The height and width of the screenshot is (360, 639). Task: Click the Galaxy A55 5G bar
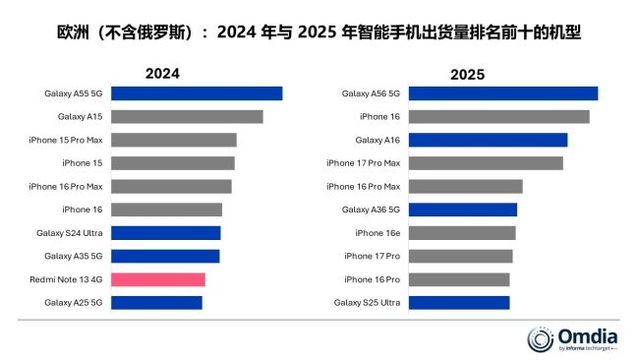click(196, 93)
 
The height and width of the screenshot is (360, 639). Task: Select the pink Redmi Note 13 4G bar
click(157, 279)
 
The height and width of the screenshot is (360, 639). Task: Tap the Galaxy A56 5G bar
click(502, 93)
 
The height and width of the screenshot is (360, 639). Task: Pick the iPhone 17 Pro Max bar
click(485, 163)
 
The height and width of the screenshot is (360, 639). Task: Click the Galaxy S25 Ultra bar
click(458, 302)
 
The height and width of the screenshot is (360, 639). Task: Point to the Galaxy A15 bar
click(186, 117)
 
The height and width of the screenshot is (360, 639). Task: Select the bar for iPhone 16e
click(461, 233)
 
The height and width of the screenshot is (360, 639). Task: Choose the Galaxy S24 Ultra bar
click(165, 233)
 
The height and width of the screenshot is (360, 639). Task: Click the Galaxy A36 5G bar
click(462, 210)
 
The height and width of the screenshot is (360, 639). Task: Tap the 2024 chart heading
click(163, 73)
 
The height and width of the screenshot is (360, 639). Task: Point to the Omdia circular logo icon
click(542, 338)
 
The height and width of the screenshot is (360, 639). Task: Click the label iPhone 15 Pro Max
click(66, 140)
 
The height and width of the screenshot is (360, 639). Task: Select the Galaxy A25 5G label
click(74, 303)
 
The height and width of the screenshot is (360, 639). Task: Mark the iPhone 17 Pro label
click(372, 256)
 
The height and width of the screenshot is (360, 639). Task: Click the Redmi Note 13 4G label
click(67, 279)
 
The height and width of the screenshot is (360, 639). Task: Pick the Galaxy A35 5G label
click(74, 256)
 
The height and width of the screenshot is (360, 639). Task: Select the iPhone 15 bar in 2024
click(172, 163)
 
